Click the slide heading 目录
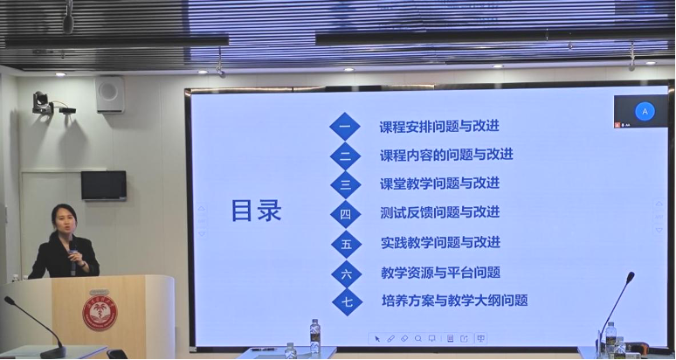256,211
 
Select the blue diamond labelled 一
345,127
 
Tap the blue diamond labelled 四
345,213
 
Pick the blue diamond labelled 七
346,301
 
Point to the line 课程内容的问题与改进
445,155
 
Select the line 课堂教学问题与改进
439,183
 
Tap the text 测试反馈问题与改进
439,212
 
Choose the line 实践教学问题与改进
440,242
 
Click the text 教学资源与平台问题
440,272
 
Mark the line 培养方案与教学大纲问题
454,301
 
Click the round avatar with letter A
645,112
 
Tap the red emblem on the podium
100,312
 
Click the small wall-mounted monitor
104,185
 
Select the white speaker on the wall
110,94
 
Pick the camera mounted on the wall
43,104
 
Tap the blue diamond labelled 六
346,273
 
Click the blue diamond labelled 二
345,156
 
